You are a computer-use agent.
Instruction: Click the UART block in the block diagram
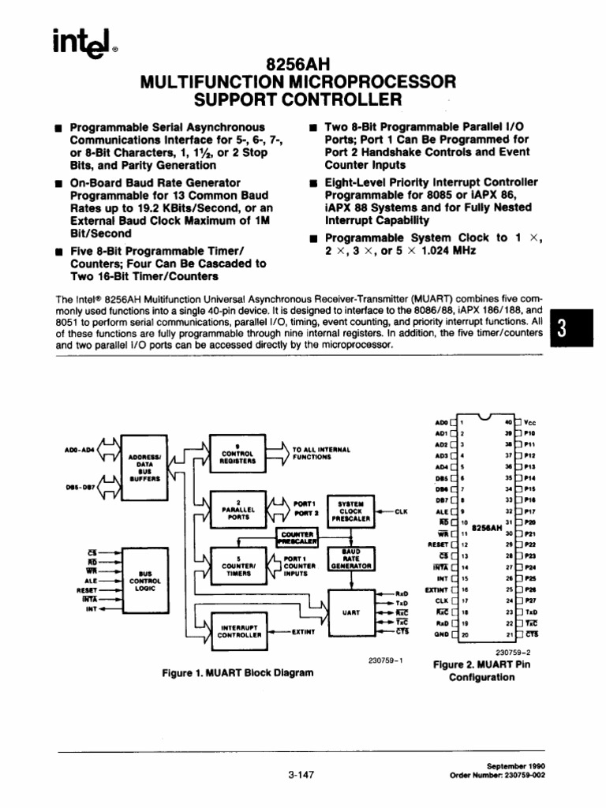pyautogui.click(x=350, y=612)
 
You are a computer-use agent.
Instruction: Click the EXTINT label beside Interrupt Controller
pyautogui.click(x=303, y=631)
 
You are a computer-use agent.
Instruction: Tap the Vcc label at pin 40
pyautogui.click(x=541, y=422)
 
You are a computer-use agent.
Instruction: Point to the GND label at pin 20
pyautogui.click(x=440, y=634)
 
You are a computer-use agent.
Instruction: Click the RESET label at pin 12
pyautogui.click(x=437, y=544)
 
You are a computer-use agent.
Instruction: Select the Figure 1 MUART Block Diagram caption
pyautogui.click(x=237, y=673)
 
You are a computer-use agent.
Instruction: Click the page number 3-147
pyautogui.click(x=302, y=774)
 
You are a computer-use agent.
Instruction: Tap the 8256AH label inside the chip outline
pyautogui.click(x=487, y=528)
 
